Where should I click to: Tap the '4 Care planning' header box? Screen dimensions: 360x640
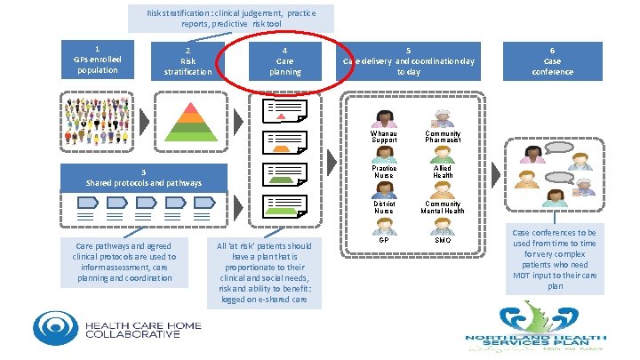(284, 61)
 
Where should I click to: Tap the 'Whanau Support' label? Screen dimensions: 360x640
(384, 136)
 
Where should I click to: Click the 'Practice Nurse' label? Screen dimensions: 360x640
(384, 172)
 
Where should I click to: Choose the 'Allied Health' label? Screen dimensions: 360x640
(443, 172)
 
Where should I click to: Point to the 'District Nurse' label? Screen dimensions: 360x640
(384, 207)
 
